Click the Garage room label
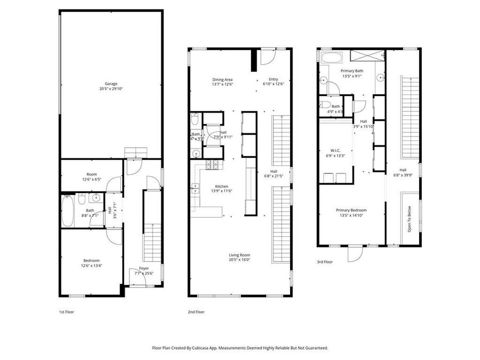pyautogui.click(x=111, y=84)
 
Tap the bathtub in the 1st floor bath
pyautogui.click(x=68, y=211)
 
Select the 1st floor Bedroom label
pyautogui.click(x=91, y=260)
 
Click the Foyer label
pyautogui.click(x=144, y=268)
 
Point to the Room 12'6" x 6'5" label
pyautogui.click(x=91, y=174)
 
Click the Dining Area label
pyautogui.click(x=222, y=79)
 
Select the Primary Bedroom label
pyautogui.click(x=351, y=210)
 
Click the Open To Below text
pyautogui.click(x=409, y=219)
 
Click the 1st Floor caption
pyautogui.click(x=67, y=311)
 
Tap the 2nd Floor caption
pyautogui.click(x=196, y=311)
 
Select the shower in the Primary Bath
pyautogui.click(x=367, y=56)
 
